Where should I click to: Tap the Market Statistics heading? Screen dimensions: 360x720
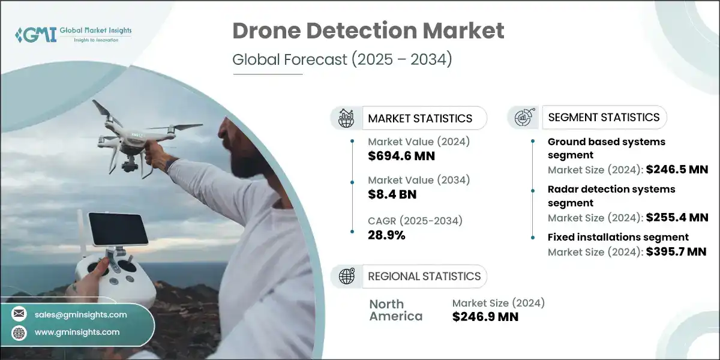point(420,118)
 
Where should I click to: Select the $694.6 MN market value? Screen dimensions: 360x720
point(401,156)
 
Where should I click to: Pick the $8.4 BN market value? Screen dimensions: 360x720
point(392,194)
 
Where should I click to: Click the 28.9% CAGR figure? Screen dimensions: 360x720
point(386,235)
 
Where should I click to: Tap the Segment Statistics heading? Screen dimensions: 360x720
point(604,118)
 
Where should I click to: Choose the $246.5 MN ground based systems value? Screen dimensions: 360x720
point(677,170)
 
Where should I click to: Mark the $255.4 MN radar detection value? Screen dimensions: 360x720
point(677,217)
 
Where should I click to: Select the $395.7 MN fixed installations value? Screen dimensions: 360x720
point(677,251)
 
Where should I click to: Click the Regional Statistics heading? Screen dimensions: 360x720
point(424,276)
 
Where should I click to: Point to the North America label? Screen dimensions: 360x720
point(395,310)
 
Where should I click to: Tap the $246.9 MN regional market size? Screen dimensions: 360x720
point(485,316)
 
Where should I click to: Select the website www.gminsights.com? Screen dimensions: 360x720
point(77,332)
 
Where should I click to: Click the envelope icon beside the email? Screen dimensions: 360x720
point(19,314)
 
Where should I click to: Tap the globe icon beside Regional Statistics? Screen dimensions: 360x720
point(347,276)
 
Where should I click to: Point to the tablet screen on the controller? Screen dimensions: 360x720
point(118,229)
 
